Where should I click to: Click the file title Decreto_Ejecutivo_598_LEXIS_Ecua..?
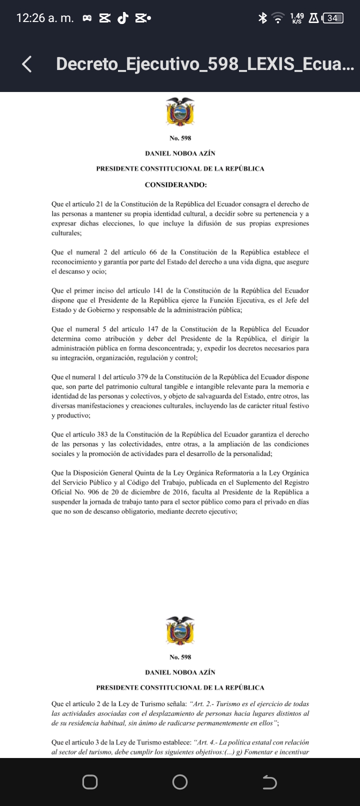205,64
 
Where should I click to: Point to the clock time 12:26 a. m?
45,18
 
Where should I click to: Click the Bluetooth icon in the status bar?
261,18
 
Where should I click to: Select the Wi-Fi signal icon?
277,18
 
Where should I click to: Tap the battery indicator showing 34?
333,18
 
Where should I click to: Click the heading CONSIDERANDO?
175,185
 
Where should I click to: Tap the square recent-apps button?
90,781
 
